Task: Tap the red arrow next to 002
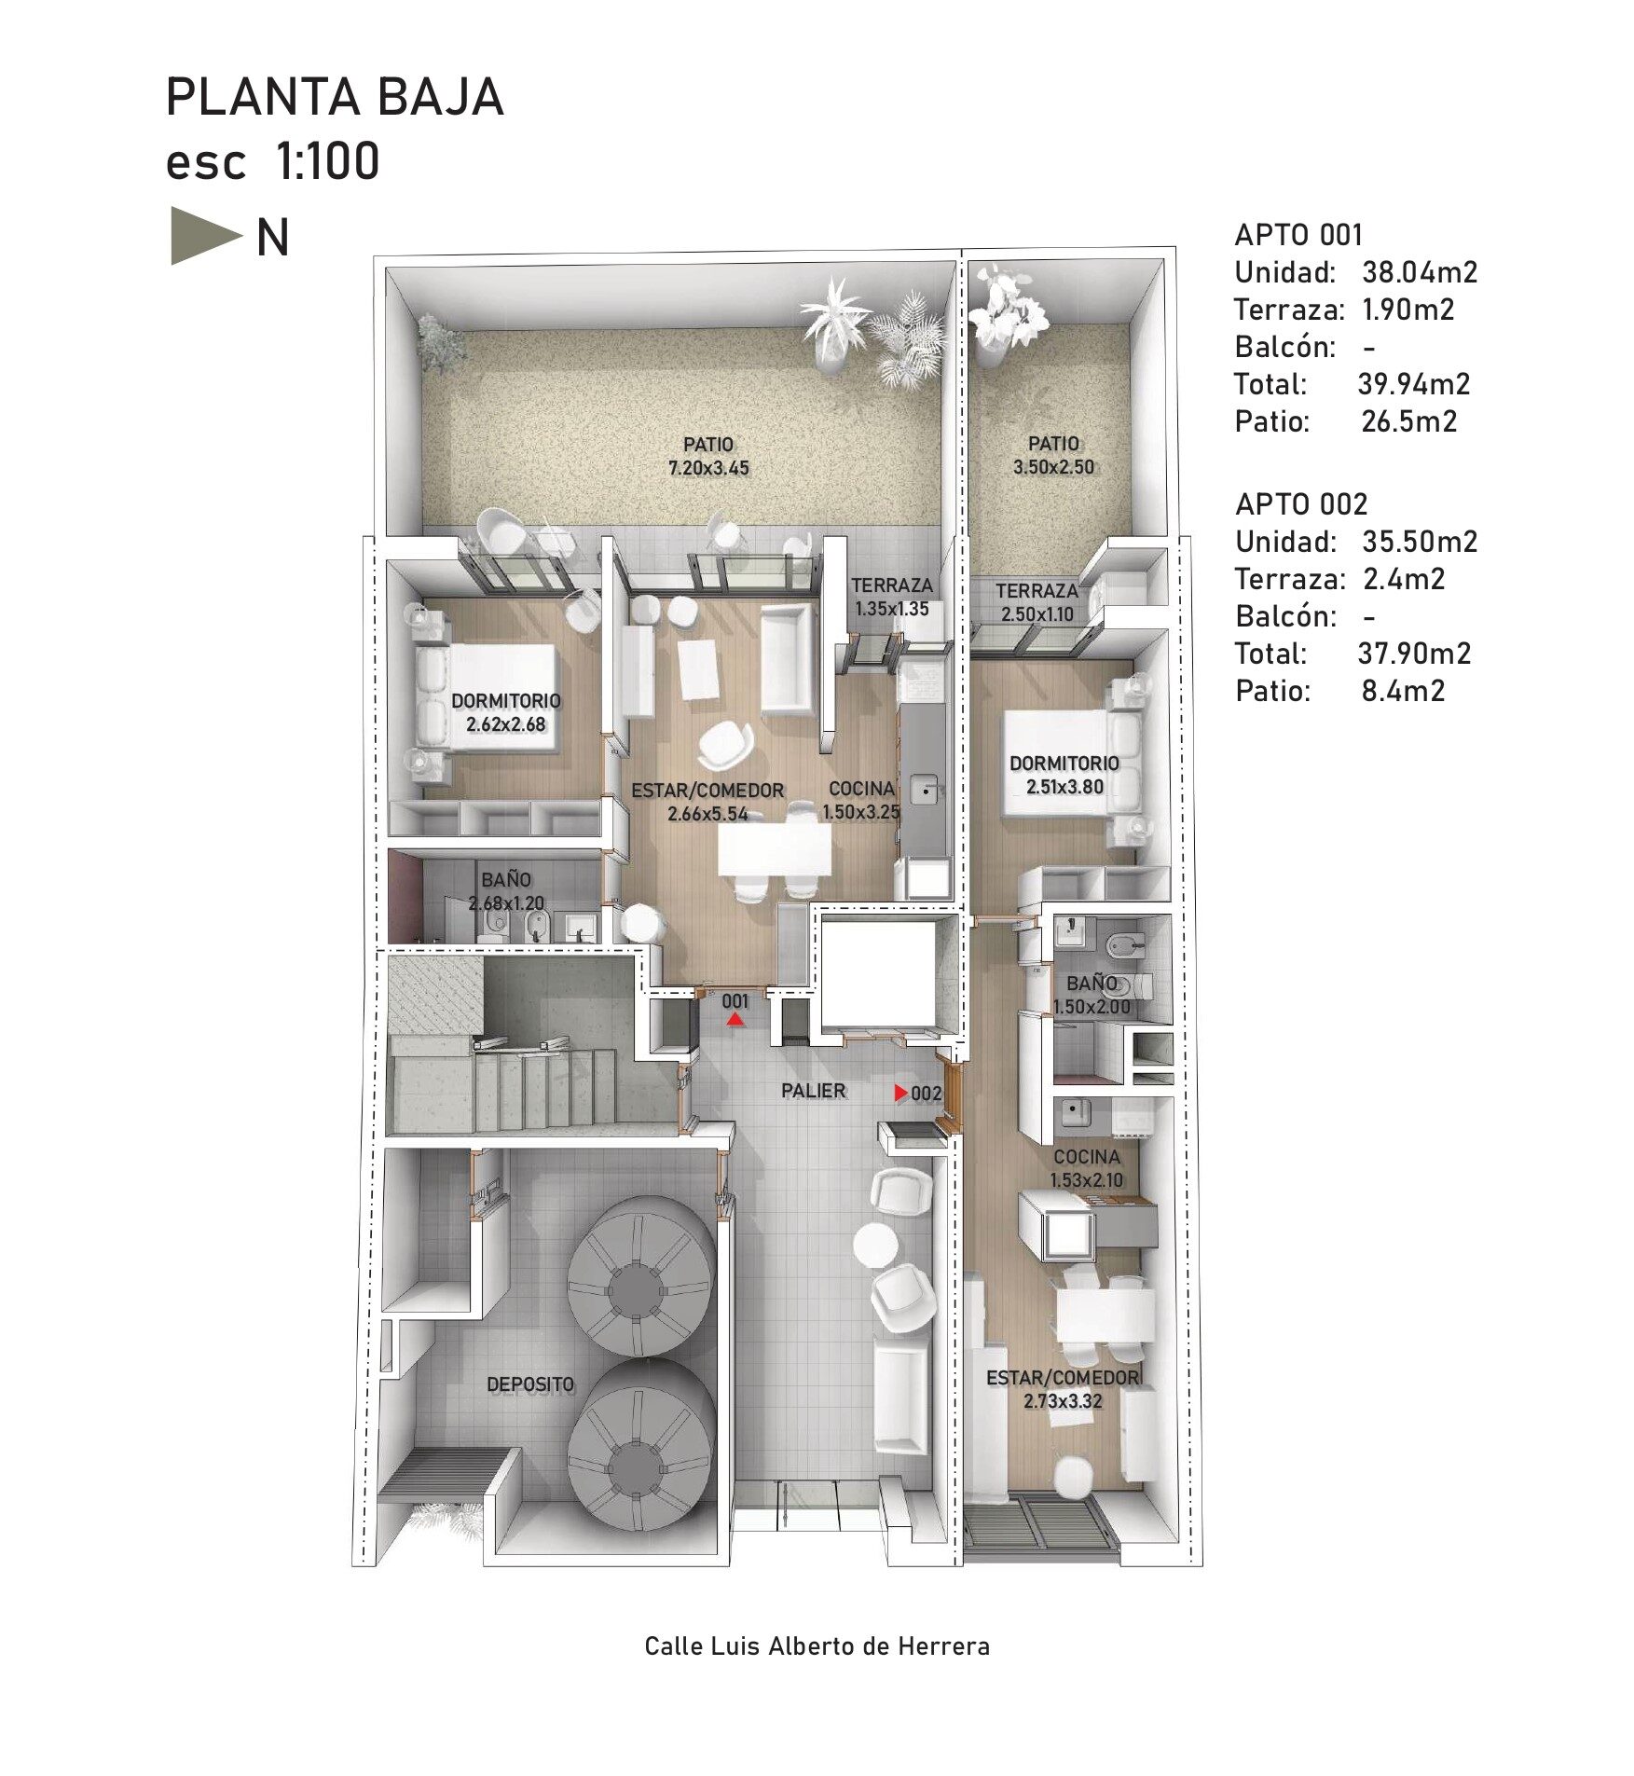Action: (x=901, y=1093)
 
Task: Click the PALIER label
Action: (x=814, y=1091)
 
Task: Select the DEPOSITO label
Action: (x=530, y=1385)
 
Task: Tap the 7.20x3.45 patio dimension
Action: (x=708, y=468)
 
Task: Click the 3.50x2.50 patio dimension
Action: (x=1053, y=467)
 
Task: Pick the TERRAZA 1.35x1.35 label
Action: (x=892, y=597)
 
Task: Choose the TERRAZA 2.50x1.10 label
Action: (x=1037, y=602)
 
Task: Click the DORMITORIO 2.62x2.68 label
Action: (x=506, y=712)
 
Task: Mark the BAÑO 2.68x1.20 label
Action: (x=506, y=891)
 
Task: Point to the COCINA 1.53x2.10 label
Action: (x=1087, y=1168)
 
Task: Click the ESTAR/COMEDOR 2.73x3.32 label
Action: (x=1063, y=1389)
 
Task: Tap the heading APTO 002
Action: (x=1301, y=504)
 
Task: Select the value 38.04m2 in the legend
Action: (x=1420, y=272)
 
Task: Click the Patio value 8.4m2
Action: (x=1403, y=691)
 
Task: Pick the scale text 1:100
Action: (x=327, y=161)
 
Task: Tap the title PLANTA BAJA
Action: (x=335, y=97)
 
